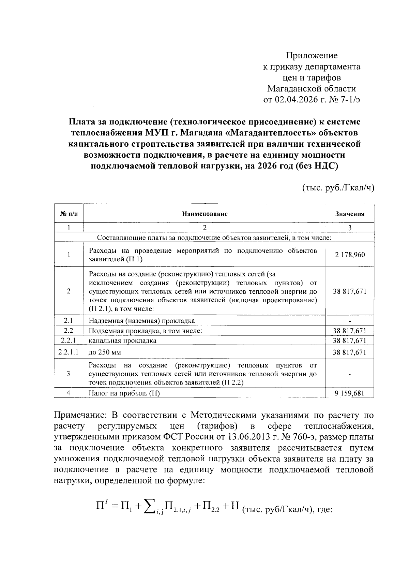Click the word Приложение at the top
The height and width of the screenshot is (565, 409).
tap(312, 55)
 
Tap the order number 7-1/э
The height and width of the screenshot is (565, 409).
tap(348, 100)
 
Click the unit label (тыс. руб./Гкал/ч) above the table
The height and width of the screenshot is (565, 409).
tap(338, 187)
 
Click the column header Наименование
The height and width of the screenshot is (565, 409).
tap(204, 214)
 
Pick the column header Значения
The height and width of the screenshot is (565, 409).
tap(350, 214)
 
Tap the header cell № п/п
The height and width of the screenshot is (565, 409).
tap(69, 214)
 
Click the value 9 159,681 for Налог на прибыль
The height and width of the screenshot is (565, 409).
tap(350, 393)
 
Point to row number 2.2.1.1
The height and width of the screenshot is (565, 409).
tap(69, 352)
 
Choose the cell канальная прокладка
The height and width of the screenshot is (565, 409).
tap(122, 341)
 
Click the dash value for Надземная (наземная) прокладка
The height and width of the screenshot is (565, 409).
tap(350, 321)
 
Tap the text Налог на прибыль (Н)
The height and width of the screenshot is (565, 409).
tap(124, 393)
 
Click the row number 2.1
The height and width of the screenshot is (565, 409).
tap(69, 320)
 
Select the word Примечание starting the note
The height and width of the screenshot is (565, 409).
tap(79, 416)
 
